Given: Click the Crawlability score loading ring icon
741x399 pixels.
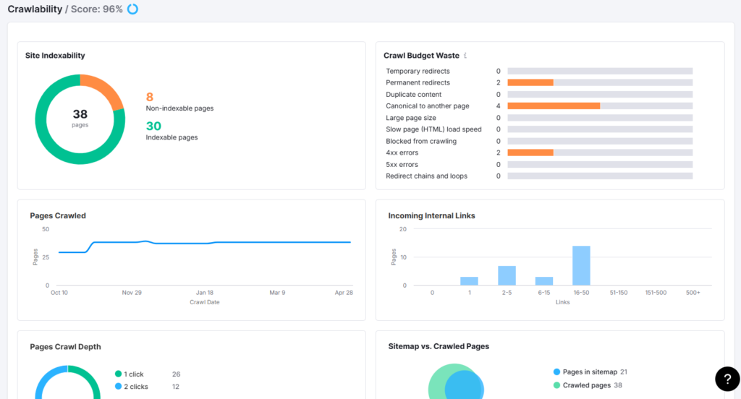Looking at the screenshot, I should [132, 9].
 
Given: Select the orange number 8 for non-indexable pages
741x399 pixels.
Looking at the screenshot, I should [150, 97].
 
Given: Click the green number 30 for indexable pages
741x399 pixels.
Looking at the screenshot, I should [153, 126].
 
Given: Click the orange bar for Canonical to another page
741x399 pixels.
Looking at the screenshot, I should [554, 106].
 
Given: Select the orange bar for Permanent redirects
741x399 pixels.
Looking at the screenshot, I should [530, 83].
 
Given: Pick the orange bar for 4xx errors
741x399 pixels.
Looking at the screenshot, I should [530, 153].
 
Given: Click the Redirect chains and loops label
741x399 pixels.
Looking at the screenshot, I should [426, 176].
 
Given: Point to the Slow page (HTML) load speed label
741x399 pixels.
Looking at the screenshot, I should [433, 129].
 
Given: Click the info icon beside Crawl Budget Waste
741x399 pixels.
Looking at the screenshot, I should [465, 56].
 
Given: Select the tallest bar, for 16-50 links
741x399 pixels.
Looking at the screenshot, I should [581, 265].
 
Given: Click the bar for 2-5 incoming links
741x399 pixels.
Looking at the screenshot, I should [507, 275].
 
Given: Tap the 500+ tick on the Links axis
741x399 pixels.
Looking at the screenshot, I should [694, 293].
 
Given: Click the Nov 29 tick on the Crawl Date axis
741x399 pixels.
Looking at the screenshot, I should [132, 293].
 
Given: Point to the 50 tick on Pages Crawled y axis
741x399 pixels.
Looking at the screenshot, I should [46, 229].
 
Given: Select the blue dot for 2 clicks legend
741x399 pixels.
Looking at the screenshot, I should [119, 387].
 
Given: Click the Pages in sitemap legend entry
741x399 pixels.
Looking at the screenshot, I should [589, 372].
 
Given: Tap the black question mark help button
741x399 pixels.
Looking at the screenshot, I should [727, 379].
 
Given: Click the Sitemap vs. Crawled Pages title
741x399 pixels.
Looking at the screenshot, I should [439, 346].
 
